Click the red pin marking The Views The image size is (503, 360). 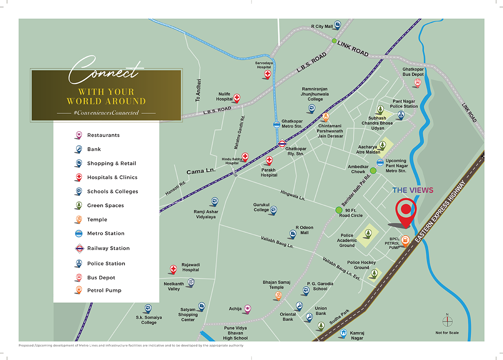[405, 211]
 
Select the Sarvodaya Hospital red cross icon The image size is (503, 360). [267, 74]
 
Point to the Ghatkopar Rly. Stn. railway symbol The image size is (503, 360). [282, 143]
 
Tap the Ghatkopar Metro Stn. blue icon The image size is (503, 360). [277, 124]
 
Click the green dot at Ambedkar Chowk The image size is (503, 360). [373, 170]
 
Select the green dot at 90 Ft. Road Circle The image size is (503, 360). [339, 210]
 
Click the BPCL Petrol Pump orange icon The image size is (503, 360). [405, 240]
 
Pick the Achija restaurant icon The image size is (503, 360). [247, 308]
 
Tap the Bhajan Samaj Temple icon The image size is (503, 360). [277, 295]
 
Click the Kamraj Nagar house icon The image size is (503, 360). [343, 333]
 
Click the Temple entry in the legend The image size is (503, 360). [97, 219]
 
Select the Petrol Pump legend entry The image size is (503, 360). [104, 290]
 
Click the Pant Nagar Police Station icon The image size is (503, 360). [401, 115]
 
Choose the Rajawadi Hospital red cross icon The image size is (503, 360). [173, 269]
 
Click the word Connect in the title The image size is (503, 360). [104, 71]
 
